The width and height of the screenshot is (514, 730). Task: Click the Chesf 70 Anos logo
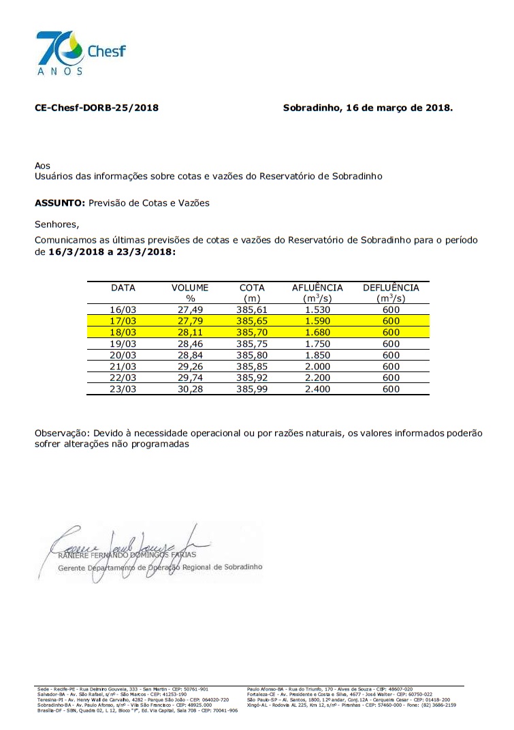[x=80, y=53]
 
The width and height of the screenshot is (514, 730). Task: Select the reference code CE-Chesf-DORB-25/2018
[x=97, y=108]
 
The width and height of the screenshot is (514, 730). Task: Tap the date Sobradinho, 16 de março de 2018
[x=367, y=108]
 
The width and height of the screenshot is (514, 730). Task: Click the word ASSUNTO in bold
[x=59, y=203]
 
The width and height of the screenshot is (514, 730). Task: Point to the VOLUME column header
[x=190, y=288]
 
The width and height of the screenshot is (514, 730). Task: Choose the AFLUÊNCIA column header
[x=317, y=288]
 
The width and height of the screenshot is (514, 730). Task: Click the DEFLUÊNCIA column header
[x=391, y=288]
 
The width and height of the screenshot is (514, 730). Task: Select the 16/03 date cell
[x=123, y=310]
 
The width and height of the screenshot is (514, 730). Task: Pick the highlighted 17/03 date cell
[x=123, y=321]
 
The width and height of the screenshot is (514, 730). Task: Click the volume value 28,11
[x=190, y=333]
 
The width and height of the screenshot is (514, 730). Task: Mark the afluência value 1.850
[x=317, y=355]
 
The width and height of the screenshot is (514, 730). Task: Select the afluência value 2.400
[x=317, y=389]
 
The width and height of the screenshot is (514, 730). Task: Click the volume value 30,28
[x=190, y=389]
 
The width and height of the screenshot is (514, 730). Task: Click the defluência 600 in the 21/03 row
[x=391, y=366]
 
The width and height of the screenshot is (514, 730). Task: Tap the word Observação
[x=61, y=433]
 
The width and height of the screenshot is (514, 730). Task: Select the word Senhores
[x=57, y=224]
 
